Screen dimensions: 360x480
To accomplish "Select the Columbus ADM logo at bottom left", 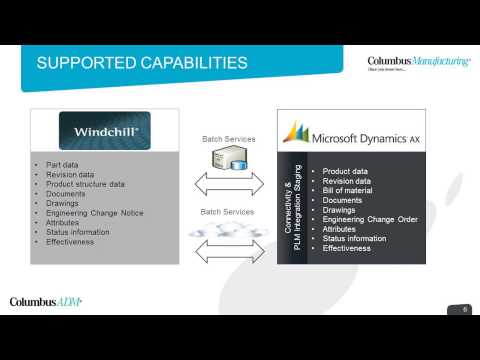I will coord(46,301).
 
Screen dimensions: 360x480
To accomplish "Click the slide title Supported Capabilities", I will coord(142,64).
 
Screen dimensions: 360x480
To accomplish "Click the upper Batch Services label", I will coord(228,139).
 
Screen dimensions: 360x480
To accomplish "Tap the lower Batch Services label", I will coord(228,212).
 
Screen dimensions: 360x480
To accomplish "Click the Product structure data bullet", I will coord(85,184).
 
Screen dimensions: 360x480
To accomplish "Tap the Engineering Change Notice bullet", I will coord(95,213).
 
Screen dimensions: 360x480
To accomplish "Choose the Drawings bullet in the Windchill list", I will coord(65,203).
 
